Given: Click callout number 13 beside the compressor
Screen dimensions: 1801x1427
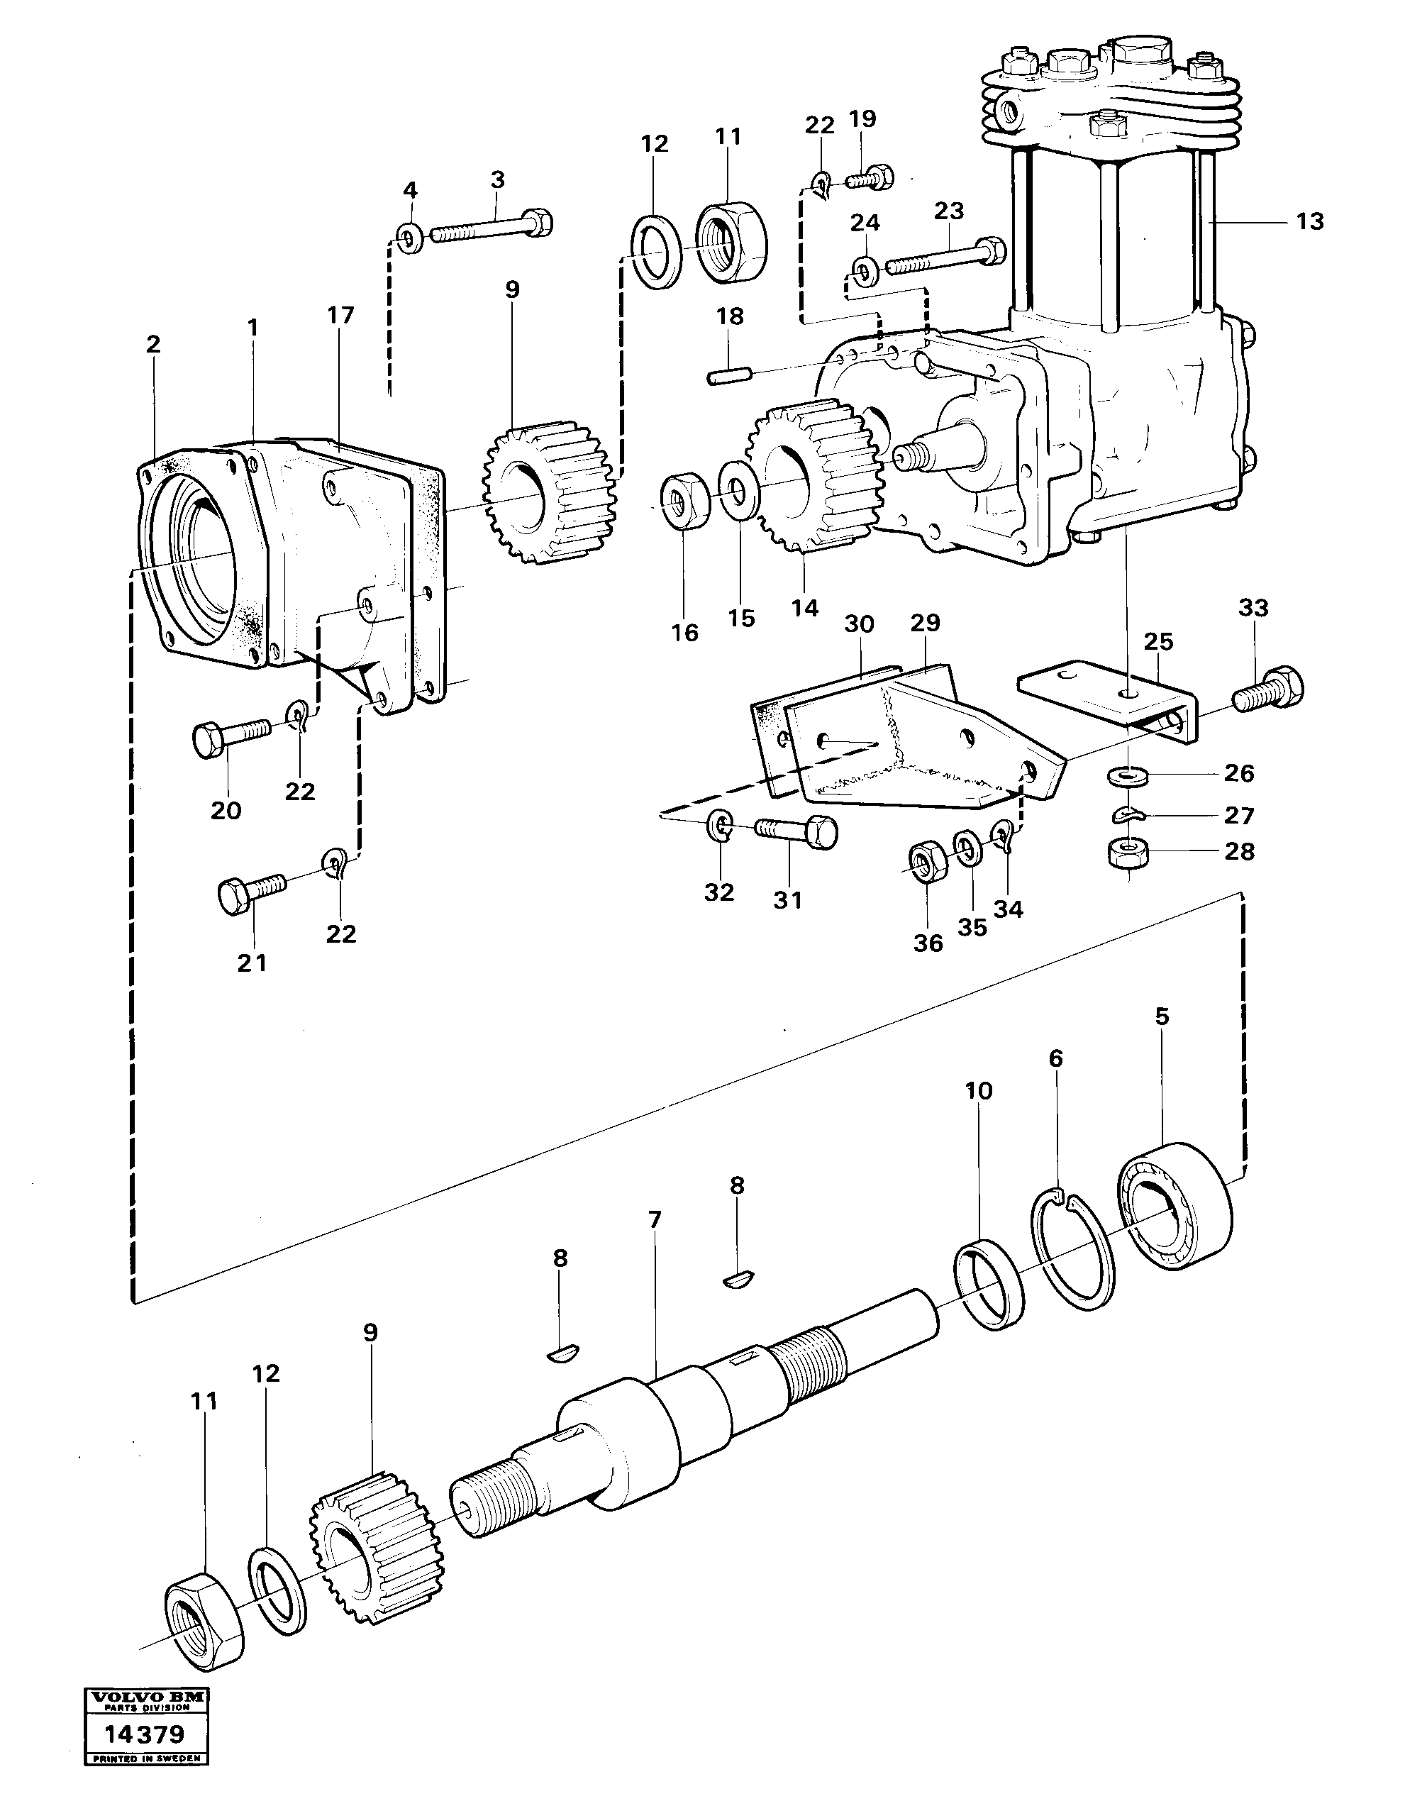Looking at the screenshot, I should click(1309, 221).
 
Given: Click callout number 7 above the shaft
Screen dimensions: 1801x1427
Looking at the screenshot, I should click(654, 1221).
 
